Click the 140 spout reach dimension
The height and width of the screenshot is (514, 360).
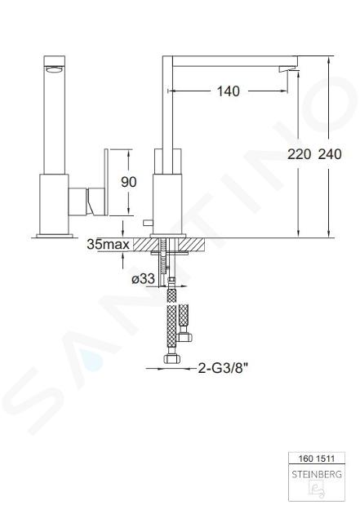click(229, 91)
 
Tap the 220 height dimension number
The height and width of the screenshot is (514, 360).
click(299, 154)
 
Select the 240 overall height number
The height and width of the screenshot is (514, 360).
click(330, 154)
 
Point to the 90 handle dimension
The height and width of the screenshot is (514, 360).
click(128, 182)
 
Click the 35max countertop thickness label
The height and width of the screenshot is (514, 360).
click(109, 244)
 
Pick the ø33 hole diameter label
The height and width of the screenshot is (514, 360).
click(143, 279)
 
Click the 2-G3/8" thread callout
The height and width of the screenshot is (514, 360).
click(222, 369)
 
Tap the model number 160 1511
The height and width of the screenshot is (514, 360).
click(317, 459)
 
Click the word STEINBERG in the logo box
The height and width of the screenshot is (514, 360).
click(317, 474)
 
